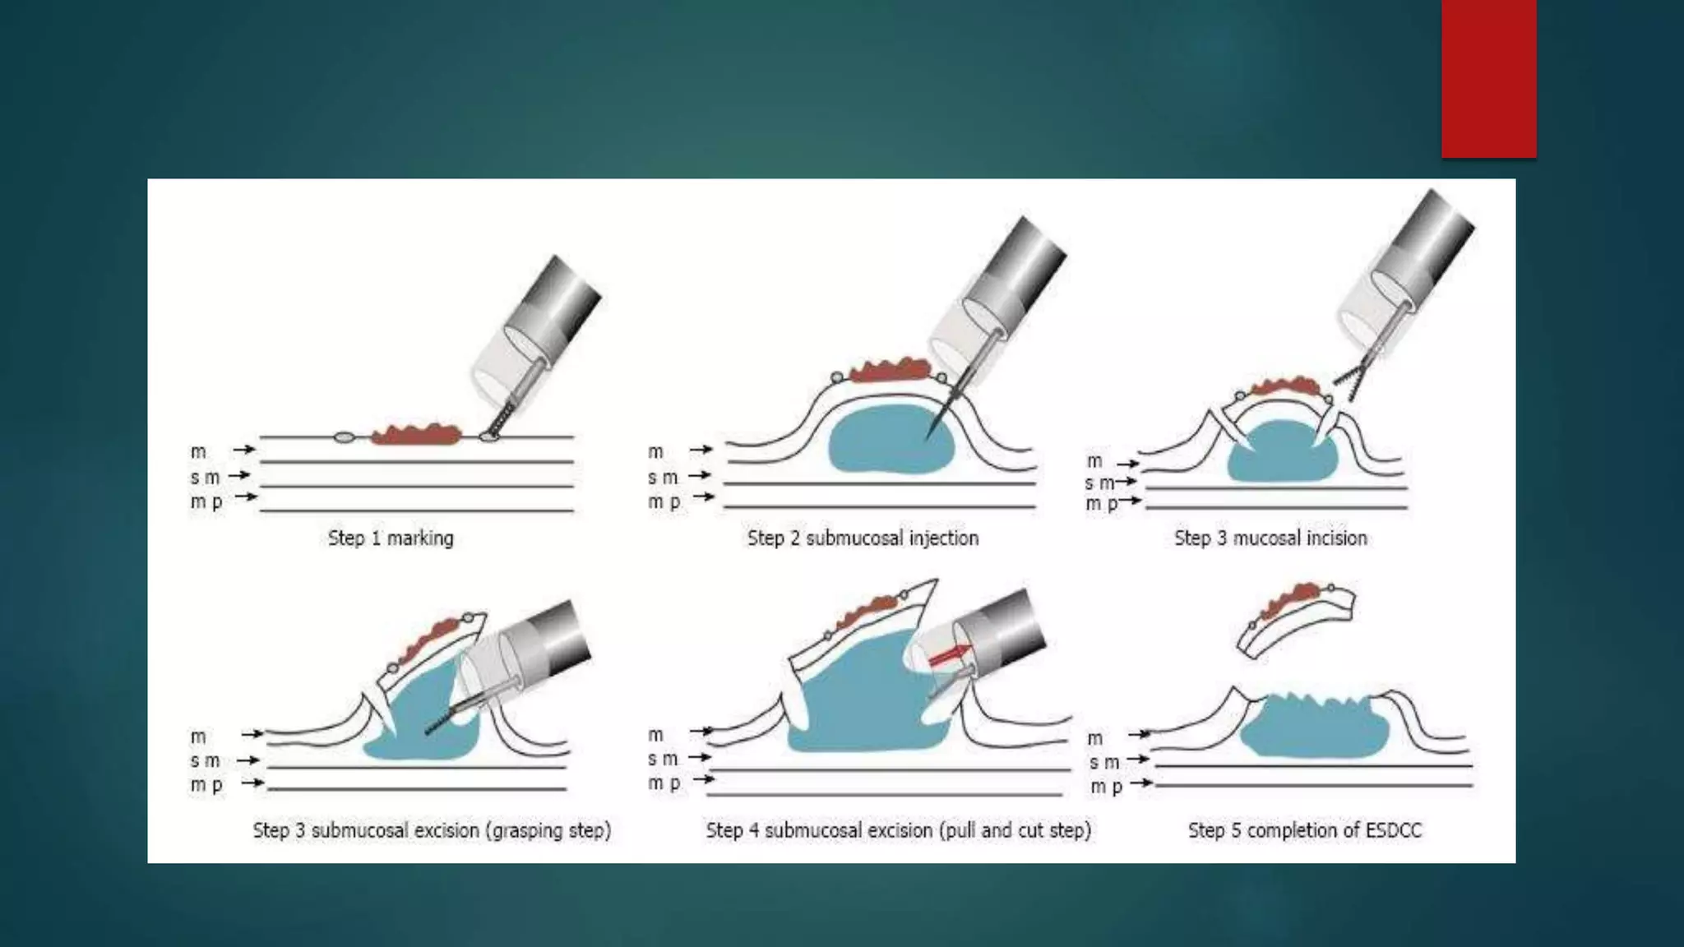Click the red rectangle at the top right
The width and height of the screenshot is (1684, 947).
(1488, 78)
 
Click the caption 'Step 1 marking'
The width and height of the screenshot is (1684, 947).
(391, 538)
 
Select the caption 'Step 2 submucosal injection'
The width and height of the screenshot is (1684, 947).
(863, 538)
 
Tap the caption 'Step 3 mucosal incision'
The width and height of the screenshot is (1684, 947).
(1270, 538)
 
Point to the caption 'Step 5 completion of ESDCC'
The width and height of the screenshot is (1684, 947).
(1304, 830)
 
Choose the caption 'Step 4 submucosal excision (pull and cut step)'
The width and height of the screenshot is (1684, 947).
(898, 830)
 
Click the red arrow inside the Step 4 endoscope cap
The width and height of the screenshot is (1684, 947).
(948, 655)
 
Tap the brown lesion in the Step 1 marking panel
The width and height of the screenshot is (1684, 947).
(415, 434)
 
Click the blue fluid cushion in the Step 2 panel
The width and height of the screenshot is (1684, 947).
(888, 444)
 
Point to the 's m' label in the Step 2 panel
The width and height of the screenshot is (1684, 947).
(662, 477)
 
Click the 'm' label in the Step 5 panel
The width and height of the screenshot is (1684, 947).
(1094, 738)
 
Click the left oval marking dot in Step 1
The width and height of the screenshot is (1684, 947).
(344, 437)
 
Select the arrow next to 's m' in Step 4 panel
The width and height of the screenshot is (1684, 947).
(699, 757)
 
